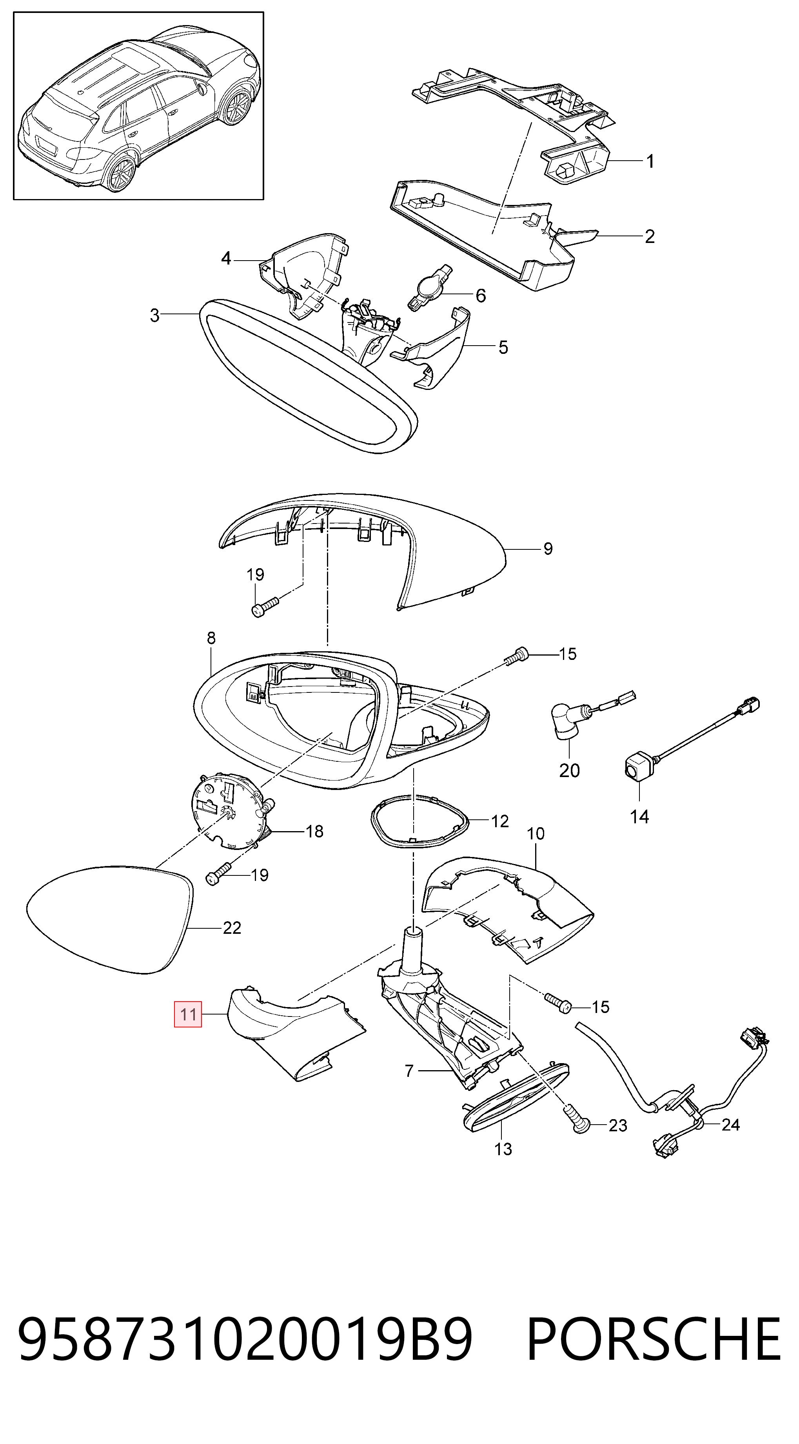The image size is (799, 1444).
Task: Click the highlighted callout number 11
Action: point(188,1014)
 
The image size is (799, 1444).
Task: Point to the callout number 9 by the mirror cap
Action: point(548,548)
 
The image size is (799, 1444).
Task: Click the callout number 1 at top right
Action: point(650,161)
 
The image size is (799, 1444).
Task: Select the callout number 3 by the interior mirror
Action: point(155,315)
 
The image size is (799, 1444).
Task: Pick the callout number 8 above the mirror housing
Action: point(211,638)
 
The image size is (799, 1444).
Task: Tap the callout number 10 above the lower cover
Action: point(536,833)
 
